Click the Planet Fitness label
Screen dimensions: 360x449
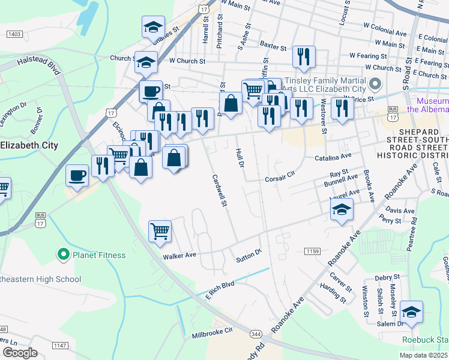[x=99, y=255]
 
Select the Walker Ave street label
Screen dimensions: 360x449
[x=180, y=255]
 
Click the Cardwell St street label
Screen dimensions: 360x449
[x=218, y=191]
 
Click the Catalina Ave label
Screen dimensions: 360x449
[x=333, y=158]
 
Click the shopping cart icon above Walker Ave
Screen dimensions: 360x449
[x=160, y=231]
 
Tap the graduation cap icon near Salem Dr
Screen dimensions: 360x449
[x=412, y=312]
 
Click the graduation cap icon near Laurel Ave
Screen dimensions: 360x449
[x=342, y=209]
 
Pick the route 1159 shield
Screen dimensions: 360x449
[x=312, y=251]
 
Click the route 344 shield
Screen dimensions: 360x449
[x=256, y=333]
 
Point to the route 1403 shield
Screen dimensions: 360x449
[x=15, y=35]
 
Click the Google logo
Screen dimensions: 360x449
[x=19, y=353]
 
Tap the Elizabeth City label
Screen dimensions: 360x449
[x=29, y=145]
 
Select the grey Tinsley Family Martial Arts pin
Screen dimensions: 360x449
[x=376, y=83]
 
